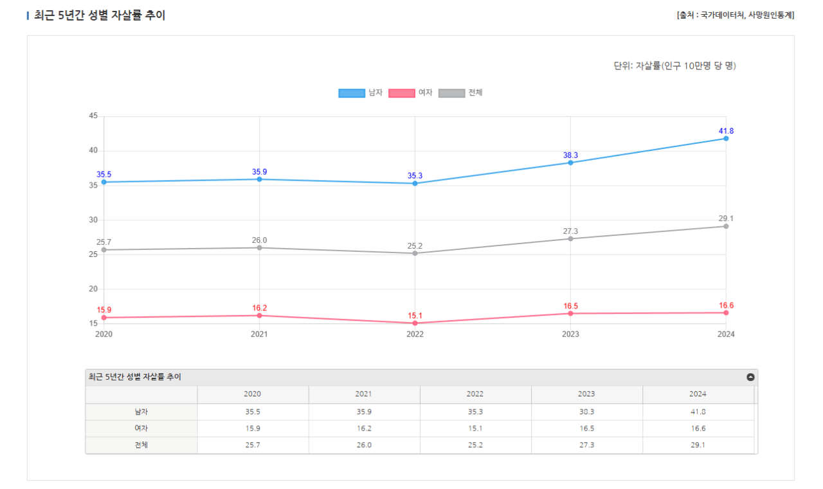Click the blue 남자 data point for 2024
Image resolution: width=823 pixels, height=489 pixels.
point(726,138)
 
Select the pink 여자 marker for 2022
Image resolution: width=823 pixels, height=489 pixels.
point(415,323)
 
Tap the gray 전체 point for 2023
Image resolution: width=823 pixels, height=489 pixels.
point(570,239)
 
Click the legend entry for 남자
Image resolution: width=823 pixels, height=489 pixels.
point(361,93)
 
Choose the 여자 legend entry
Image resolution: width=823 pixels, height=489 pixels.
point(411,93)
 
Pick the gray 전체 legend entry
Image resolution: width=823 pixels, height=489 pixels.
point(460,93)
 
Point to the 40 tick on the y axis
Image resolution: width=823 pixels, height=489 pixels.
point(93,150)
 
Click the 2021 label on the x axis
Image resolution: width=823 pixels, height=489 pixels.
point(259,334)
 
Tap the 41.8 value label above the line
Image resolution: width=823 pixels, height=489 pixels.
point(726,131)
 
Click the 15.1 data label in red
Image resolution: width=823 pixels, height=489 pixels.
point(415,316)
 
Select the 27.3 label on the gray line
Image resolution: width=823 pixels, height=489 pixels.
point(570,231)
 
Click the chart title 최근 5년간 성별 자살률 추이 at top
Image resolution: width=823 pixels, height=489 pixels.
point(100,15)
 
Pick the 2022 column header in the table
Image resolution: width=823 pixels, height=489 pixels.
point(475,394)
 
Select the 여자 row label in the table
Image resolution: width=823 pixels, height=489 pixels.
point(141,428)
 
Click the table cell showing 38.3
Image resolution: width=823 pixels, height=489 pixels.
point(586,411)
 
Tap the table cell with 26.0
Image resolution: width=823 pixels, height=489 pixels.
point(363,445)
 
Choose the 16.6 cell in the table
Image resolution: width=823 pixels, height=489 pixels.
point(698,428)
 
